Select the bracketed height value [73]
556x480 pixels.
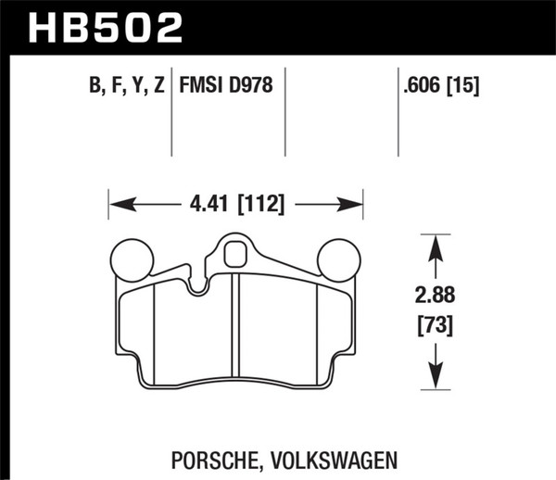pos(435,326)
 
